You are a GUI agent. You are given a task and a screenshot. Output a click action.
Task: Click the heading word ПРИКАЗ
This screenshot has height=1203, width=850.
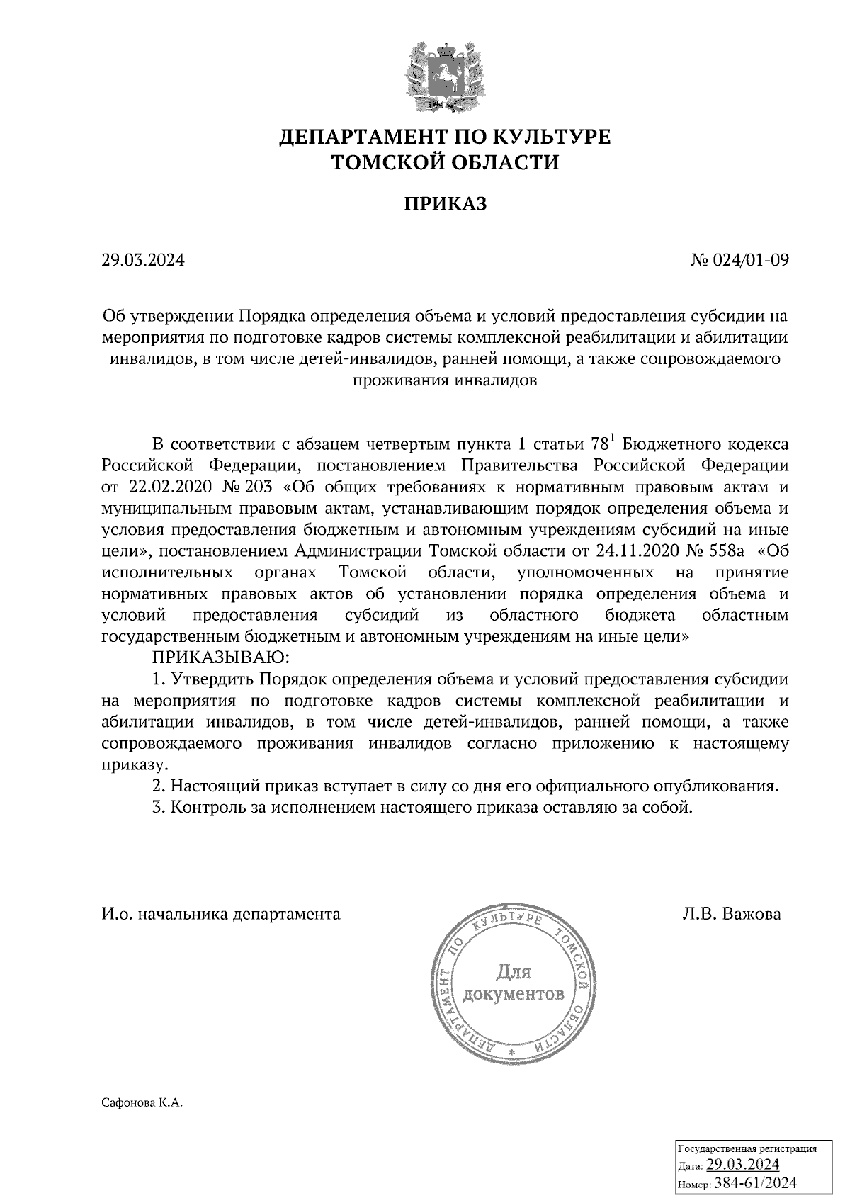[446, 204]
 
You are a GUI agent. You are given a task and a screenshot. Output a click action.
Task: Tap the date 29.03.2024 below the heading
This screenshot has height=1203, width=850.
[142, 260]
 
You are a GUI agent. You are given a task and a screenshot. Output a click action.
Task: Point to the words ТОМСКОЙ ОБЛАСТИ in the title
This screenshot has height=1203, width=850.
[446, 163]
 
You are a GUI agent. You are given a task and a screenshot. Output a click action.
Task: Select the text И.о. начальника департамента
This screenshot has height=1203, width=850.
[220, 913]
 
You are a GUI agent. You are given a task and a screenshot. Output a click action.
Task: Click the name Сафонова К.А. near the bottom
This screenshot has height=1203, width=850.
[142, 1102]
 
